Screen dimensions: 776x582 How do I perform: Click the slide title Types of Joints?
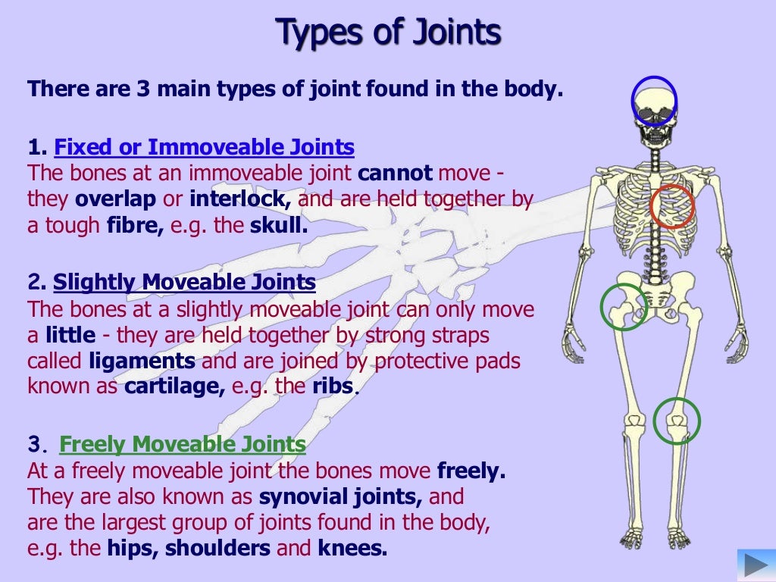click(x=388, y=33)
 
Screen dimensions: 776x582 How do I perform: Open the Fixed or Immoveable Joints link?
click(x=205, y=147)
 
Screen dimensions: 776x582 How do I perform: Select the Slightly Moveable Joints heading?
click(x=184, y=283)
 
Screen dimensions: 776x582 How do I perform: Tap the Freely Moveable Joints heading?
click(x=183, y=444)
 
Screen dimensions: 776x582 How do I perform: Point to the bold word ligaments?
click(x=142, y=361)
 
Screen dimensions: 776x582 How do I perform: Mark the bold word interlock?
click(x=240, y=199)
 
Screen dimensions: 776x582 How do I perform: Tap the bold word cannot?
click(x=395, y=173)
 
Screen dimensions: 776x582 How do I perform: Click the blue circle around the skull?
click(x=654, y=101)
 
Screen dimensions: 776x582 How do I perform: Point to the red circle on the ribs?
click(x=672, y=207)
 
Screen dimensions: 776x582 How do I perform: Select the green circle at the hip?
click(x=623, y=307)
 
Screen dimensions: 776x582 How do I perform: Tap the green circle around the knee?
click(x=676, y=421)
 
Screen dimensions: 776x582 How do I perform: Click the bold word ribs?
click(x=333, y=386)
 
